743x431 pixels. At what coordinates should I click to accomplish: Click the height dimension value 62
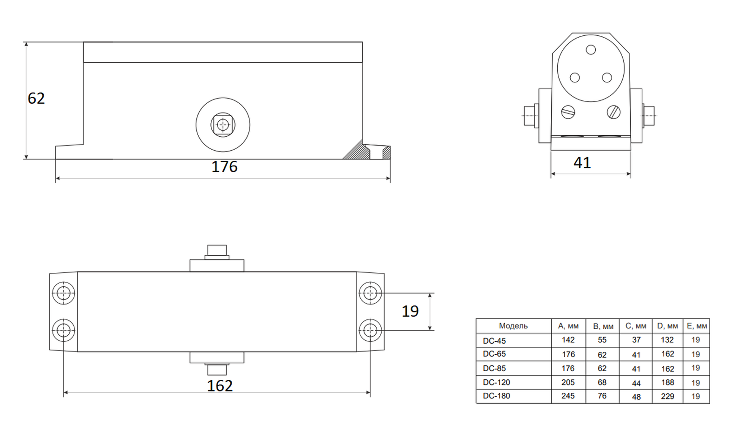[x=36, y=98]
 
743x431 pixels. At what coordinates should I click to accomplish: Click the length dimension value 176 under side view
[x=224, y=167]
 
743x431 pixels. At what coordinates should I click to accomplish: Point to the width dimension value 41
[x=582, y=163]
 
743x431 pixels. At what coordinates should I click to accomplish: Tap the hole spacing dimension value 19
[x=410, y=311]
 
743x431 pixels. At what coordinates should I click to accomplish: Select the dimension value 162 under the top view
[x=220, y=386]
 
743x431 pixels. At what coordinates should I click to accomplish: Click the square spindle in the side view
[x=223, y=125]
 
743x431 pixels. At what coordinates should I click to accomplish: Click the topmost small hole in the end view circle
[x=591, y=50]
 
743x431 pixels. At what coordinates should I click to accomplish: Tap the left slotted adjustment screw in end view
[x=568, y=112]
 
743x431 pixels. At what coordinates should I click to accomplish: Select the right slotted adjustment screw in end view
[x=613, y=112]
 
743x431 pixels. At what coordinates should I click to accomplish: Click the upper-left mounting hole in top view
[x=63, y=293]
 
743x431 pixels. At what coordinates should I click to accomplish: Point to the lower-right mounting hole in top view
[x=370, y=331]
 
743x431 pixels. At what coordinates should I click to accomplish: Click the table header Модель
[x=513, y=326]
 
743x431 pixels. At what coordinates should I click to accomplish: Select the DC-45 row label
[x=494, y=341]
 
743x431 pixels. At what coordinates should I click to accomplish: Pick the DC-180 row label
[x=496, y=396]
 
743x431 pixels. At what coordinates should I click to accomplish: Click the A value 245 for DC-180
[x=568, y=396]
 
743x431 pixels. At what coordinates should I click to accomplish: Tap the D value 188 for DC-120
[x=667, y=383]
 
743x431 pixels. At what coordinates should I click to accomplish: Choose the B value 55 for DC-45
[x=602, y=340]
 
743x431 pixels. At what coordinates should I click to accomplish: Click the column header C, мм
[x=636, y=326]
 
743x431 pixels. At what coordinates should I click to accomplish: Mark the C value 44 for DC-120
[x=636, y=384]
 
